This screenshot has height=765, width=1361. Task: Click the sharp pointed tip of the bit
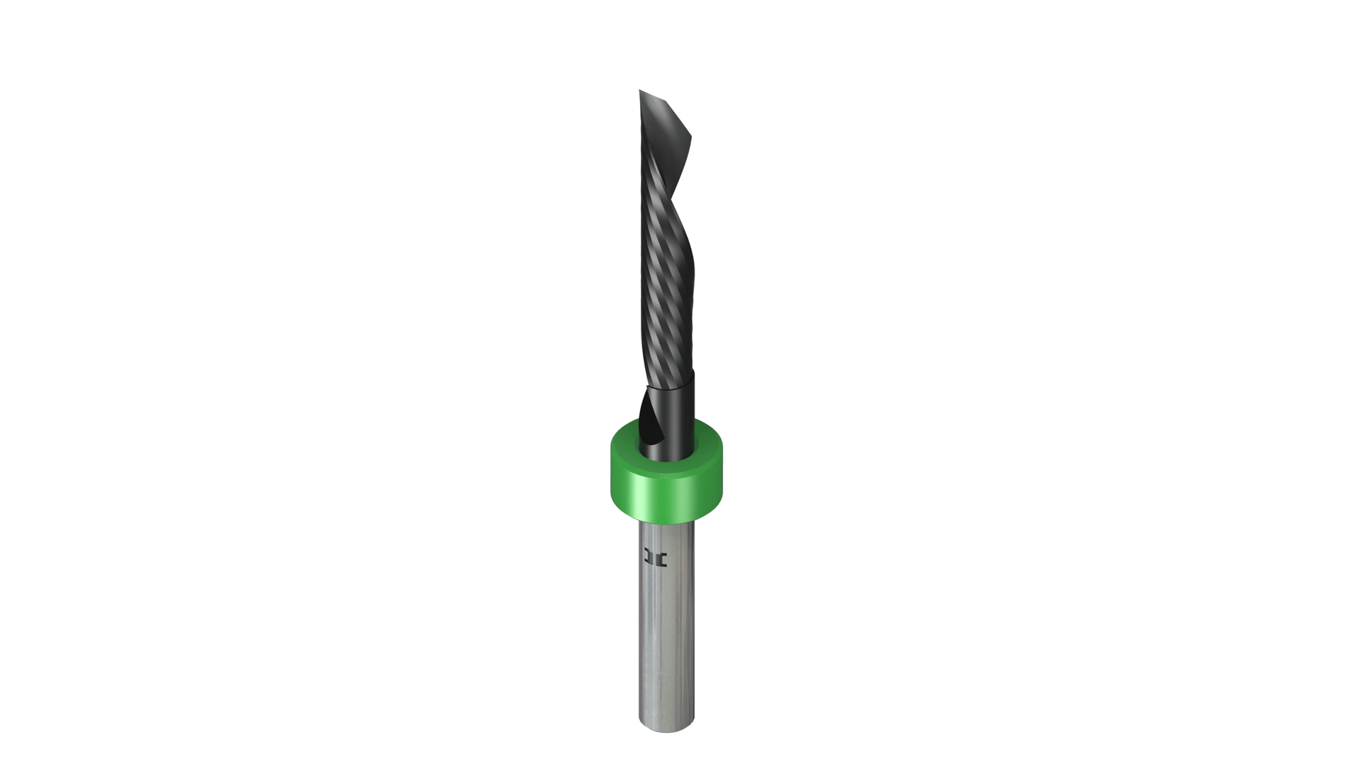click(640, 91)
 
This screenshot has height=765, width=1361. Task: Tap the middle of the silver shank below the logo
click(666, 637)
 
